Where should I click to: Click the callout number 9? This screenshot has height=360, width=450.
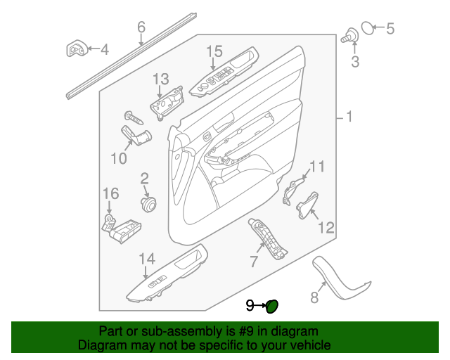[250, 305]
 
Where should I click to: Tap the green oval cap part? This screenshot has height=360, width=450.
[273, 305]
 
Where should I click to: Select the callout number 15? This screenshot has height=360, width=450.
[214, 51]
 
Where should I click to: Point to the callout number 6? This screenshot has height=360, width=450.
[141, 27]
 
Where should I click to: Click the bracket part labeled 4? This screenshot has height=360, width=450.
[77, 50]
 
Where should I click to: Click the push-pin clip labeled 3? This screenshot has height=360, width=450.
[348, 35]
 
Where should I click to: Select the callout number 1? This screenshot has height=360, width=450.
[349, 117]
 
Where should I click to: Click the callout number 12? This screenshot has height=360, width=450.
[326, 228]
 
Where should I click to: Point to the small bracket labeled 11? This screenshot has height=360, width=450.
[293, 192]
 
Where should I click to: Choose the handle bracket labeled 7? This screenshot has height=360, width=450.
[267, 238]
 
